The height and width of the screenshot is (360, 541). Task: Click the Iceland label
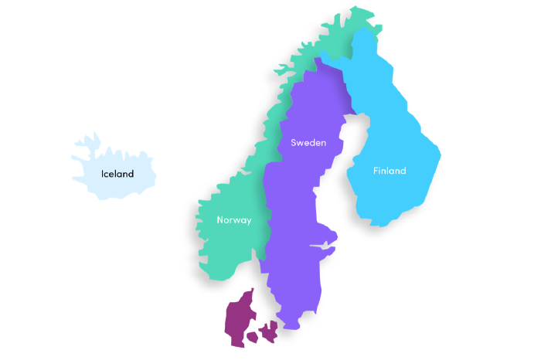pyautogui.click(x=117, y=174)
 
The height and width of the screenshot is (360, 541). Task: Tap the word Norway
pyautogui.click(x=233, y=220)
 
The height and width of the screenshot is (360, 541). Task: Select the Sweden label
pyautogui.click(x=308, y=143)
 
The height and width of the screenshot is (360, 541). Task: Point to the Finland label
pyautogui.click(x=389, y=171)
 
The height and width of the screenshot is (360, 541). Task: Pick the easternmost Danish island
pyautogui.click(x=270, y=331)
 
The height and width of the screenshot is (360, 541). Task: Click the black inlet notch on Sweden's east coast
pyautogui.click(x=318, y=246)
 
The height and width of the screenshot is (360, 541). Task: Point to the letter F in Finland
pyautogui.click(x=376, y=171)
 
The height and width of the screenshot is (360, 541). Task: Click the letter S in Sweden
pyautogui.click(x=294, y=143)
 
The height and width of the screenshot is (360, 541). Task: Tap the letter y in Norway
pyautogui.click(x=248, y=221)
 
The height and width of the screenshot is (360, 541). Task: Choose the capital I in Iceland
pyautogui.click(x=103, y=174)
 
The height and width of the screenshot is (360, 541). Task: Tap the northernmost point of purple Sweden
pyautogui.click(x=315, y=59)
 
